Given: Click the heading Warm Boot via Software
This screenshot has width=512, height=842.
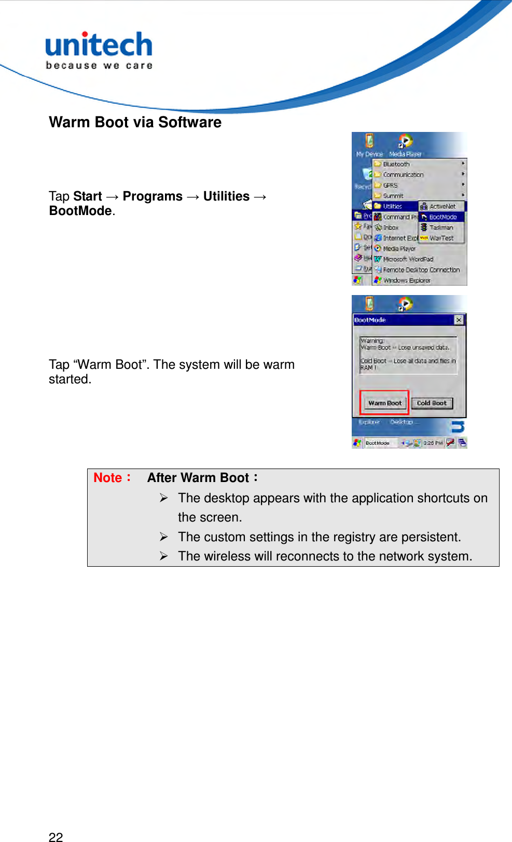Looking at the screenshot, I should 135,123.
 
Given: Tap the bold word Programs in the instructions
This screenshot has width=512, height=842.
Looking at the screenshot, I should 153,196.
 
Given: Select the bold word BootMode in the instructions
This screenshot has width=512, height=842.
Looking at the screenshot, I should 80,211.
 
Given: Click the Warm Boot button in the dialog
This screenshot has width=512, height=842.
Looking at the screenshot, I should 385,403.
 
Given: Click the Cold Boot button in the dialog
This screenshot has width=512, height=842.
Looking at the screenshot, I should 432,403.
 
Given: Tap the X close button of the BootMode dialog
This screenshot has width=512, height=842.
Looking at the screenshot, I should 459,320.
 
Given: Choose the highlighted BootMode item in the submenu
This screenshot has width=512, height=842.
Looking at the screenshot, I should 442,217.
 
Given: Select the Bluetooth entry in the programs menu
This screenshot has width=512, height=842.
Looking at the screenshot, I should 396,164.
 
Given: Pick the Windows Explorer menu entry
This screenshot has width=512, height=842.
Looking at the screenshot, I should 406,280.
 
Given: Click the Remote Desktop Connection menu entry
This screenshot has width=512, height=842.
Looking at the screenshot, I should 421,270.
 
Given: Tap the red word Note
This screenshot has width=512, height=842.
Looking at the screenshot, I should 108,478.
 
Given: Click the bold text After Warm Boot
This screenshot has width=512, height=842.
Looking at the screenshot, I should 198,478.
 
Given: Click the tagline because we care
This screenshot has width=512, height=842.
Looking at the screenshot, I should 99,66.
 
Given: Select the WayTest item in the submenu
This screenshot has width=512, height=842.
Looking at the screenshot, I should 441,238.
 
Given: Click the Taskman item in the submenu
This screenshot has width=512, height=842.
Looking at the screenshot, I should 441,228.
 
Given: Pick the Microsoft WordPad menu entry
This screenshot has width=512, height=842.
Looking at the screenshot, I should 408,259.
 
